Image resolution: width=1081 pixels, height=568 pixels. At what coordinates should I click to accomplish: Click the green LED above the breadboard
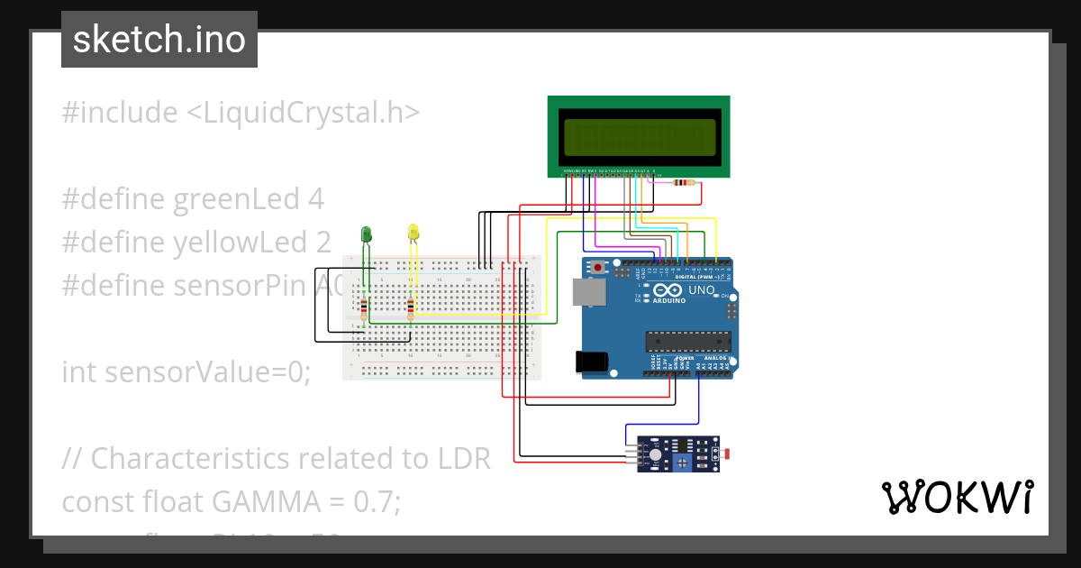(x=366, y=234)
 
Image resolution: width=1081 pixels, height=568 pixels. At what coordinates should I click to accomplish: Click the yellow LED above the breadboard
(x=413, y=233)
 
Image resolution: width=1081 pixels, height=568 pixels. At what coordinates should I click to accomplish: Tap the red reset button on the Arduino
(x=599, y=267)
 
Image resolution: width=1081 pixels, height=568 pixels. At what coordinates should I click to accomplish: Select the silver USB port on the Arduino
(x=588, y=291)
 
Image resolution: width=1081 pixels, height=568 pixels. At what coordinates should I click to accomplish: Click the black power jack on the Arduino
(x=591, y=362)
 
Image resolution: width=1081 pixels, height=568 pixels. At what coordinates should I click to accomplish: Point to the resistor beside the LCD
(x=685, y=183)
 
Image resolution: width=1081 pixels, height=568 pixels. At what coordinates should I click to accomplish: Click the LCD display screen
(x=639, y=136)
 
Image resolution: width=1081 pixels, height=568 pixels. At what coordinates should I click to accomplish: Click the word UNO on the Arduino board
(x=701, y=290)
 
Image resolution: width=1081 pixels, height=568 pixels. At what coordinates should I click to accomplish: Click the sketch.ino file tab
(x=159, y=40)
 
